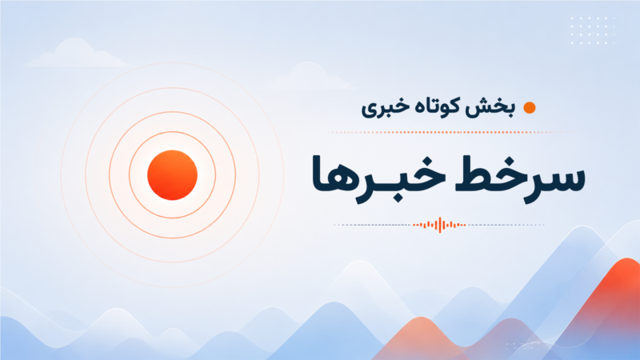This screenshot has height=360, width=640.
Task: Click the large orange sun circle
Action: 172,175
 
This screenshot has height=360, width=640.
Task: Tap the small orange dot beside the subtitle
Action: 530,108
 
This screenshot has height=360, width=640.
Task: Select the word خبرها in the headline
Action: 378,178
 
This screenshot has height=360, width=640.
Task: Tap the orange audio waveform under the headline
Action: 439,225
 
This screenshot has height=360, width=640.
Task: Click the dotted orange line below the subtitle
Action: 451,132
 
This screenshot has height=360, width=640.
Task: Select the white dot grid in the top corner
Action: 593,30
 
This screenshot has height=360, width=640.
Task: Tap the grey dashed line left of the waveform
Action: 372,225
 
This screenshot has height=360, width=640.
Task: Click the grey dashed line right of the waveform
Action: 506,225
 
